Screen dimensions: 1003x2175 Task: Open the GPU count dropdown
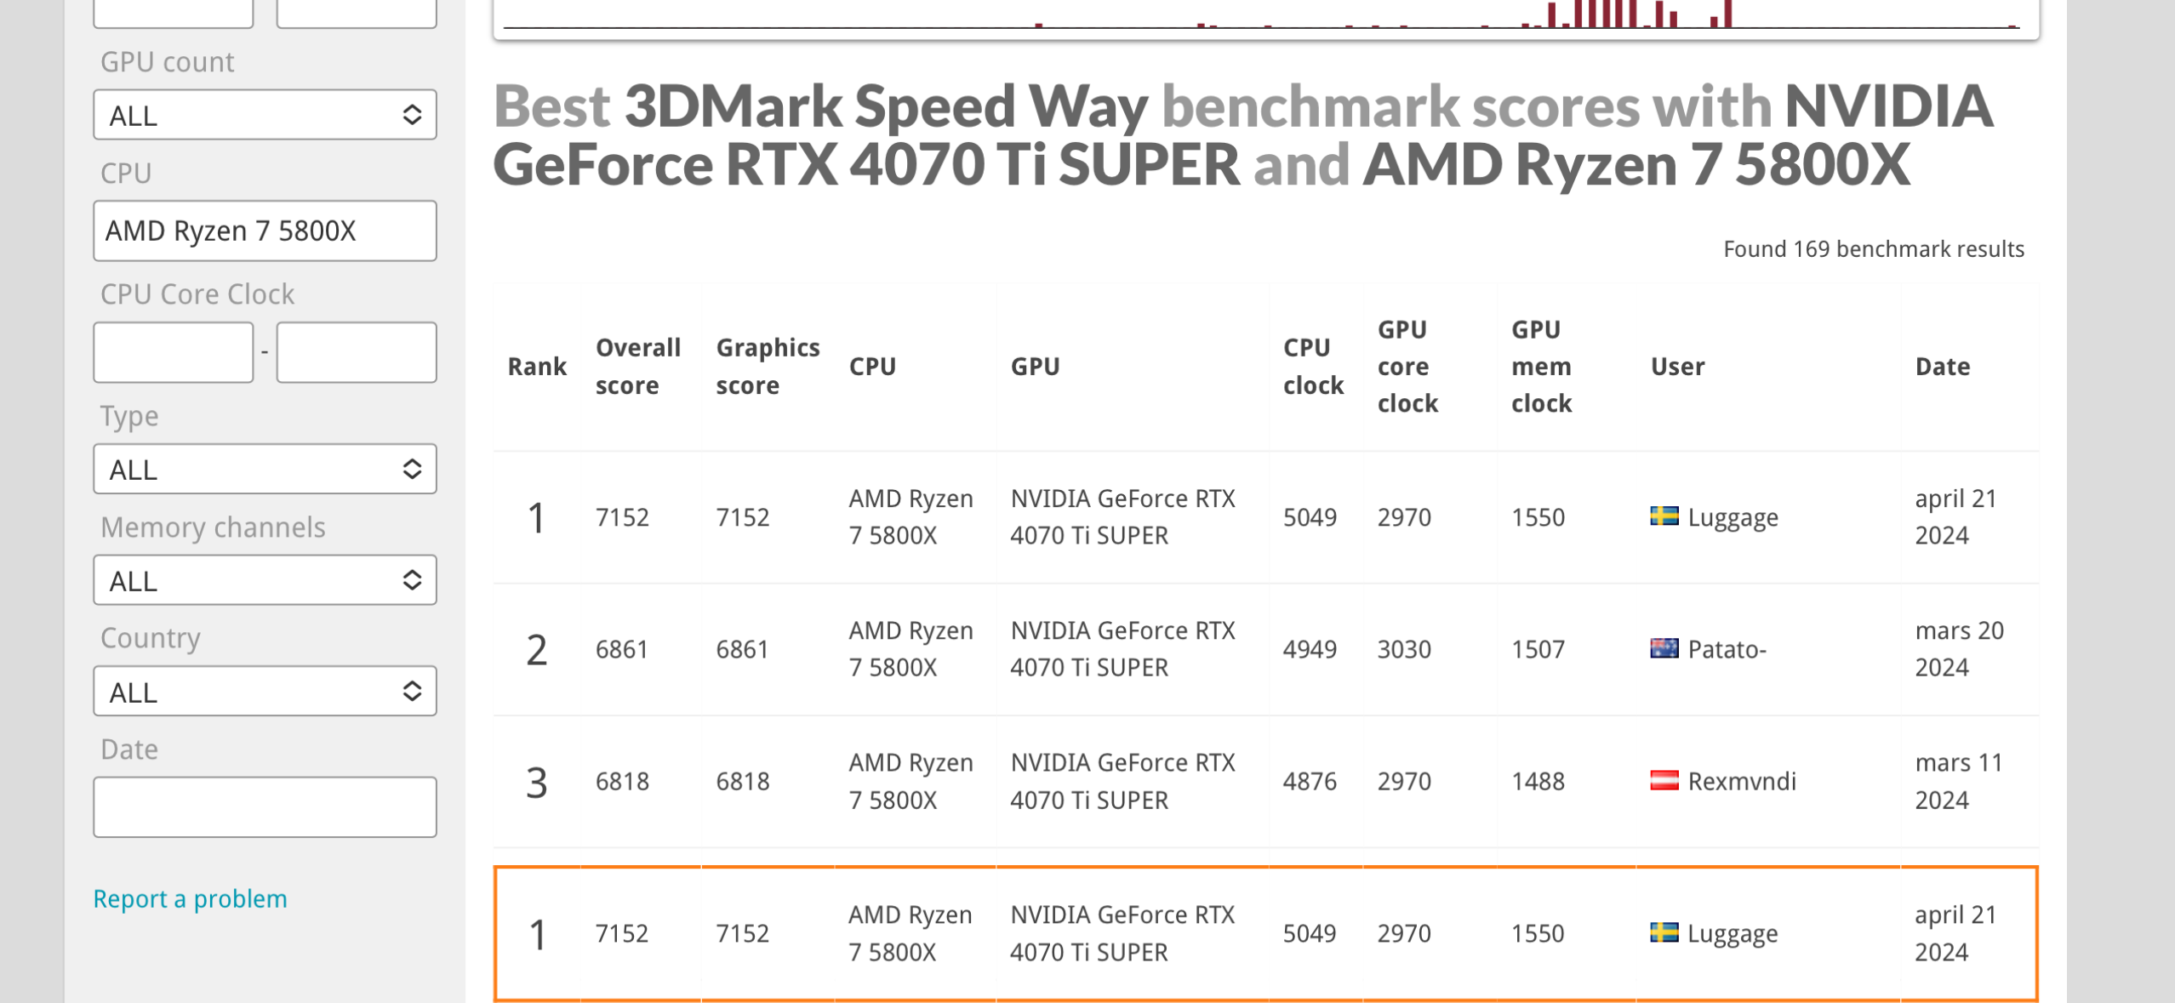pos(265,115)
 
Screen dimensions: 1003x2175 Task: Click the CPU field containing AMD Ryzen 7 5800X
pos(265,231)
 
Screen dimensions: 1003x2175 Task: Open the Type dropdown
pos(265,469)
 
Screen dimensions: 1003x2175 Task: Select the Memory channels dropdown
pos(265,580)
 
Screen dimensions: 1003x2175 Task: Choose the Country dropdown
pos(265,691)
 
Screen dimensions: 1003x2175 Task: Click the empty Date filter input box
pos(265,806)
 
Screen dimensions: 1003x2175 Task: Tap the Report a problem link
pos(190,898)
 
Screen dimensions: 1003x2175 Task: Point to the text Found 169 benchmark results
pos(1873,248)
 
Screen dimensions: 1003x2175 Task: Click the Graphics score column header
pos(768,366)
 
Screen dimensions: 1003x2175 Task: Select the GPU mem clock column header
pos(1541,366)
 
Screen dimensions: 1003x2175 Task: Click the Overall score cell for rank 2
pos(622,649)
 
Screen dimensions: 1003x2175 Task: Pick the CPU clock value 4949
pos(1310,649)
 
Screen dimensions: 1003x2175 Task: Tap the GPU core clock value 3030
pos(1404,649)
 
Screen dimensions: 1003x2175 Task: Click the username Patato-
pos(1727,649)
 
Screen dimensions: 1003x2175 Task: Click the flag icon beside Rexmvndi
pos(1664,780)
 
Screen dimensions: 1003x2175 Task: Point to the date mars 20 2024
pos(1958,648)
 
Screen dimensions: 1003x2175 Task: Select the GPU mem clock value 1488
pos(1538,781)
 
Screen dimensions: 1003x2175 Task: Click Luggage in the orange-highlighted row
pos(1732,933)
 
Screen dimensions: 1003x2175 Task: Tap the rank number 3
pos(536,782)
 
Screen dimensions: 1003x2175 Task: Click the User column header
pos(1677,366)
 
